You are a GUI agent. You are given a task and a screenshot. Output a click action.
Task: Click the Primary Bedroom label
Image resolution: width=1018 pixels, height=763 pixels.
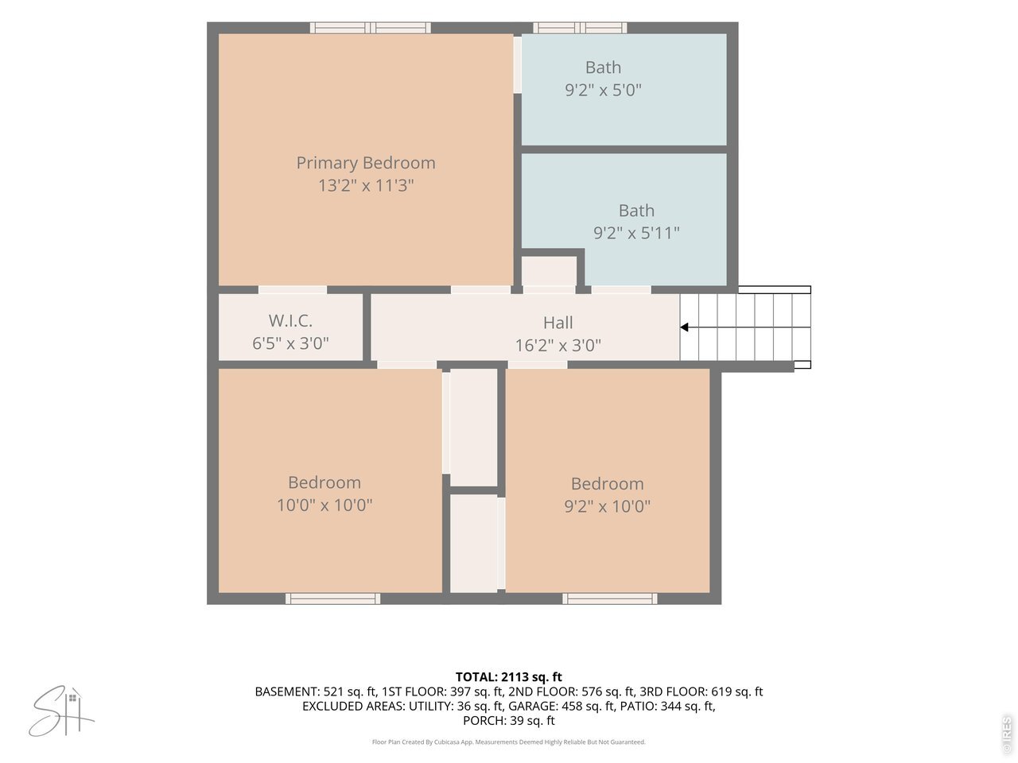coord(366,163)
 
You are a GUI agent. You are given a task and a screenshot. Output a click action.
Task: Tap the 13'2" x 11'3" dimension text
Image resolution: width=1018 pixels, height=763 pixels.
coord(366,185)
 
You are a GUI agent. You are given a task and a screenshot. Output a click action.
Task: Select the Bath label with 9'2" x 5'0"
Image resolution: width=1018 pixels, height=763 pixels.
coord(603,68)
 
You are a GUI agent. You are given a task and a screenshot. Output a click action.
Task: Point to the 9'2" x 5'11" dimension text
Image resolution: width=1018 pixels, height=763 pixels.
coord(636,233)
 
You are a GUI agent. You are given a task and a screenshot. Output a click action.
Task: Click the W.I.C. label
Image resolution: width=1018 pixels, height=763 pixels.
coord(290,320)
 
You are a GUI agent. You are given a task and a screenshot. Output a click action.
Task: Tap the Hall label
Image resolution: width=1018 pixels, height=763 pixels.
coord(558,323)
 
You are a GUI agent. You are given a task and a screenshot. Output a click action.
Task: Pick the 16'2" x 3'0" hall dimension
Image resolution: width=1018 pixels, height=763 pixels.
coord(558,345)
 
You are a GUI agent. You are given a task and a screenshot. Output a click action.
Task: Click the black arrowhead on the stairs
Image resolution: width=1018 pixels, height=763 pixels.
coord(684,327)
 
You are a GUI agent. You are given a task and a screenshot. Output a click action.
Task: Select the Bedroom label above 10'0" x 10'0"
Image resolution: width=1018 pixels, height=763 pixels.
coord(324,482)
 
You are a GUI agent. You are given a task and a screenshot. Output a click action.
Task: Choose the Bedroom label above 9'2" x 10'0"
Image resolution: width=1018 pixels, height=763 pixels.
coord(607,484)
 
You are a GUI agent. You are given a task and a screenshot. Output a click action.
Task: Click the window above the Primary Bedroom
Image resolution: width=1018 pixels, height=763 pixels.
coord(370,28)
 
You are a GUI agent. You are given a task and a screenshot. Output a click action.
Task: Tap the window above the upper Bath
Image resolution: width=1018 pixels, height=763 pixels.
coord(580,28)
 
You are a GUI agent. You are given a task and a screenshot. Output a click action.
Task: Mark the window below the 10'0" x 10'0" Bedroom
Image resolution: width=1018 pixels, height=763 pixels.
coord(332,598)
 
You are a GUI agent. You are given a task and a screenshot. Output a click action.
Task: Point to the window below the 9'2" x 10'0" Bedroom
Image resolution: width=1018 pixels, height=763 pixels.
coord(609,598)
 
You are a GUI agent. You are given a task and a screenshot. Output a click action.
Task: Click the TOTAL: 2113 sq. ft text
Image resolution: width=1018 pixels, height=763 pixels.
coord(509,677)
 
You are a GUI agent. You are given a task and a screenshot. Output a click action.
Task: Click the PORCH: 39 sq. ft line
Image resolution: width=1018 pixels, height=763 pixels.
coord(509,720)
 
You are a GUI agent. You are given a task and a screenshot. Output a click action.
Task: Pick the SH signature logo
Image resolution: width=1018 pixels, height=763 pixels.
coord(61,711)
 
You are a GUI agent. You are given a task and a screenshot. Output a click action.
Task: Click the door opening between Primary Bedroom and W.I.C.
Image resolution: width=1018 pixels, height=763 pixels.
coord(292,290)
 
